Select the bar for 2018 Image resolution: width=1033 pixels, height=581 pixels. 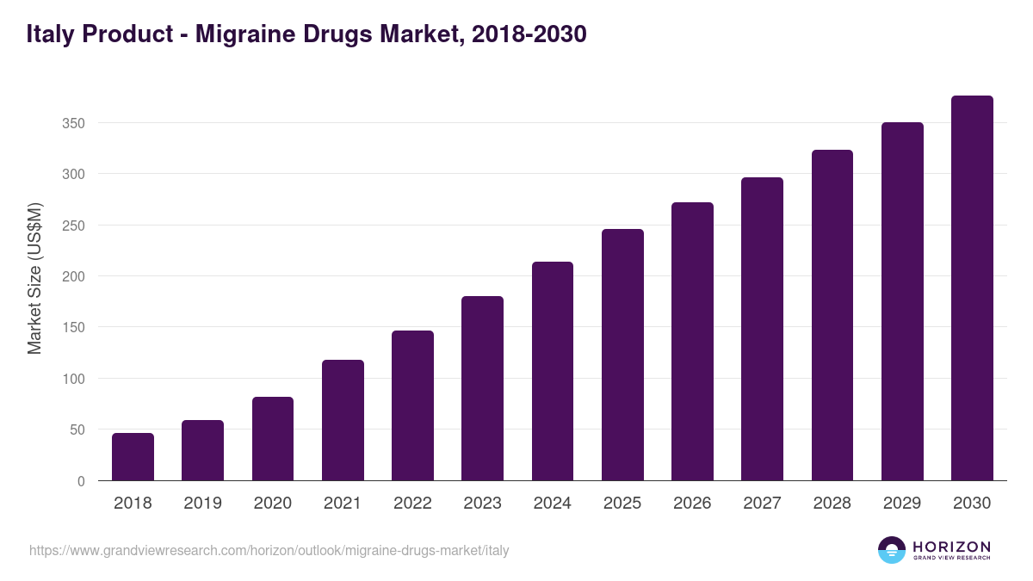pos(133,457)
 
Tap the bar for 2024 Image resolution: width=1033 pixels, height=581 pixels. pos(553,371)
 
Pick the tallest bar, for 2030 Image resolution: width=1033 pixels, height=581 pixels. pos(972,288)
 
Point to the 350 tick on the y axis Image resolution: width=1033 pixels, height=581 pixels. pos(74,123)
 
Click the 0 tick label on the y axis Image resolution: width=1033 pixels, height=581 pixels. pos(81,481)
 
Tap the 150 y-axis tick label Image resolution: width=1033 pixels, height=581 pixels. pos(74,328)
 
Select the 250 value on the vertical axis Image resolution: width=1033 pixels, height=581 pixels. pos(74,226)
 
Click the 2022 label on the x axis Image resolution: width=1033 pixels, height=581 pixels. pos(412,504)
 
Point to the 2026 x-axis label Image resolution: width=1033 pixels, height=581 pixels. pos(692,504)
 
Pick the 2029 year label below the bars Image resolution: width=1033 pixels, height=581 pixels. pos(902,504)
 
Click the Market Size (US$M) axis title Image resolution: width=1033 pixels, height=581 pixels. pos(34,279)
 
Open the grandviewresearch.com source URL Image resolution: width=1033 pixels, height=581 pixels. pos(269,550)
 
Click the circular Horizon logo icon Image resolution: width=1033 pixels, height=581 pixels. pos(892,550)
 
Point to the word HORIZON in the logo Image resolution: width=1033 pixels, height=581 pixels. pos(951,546)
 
